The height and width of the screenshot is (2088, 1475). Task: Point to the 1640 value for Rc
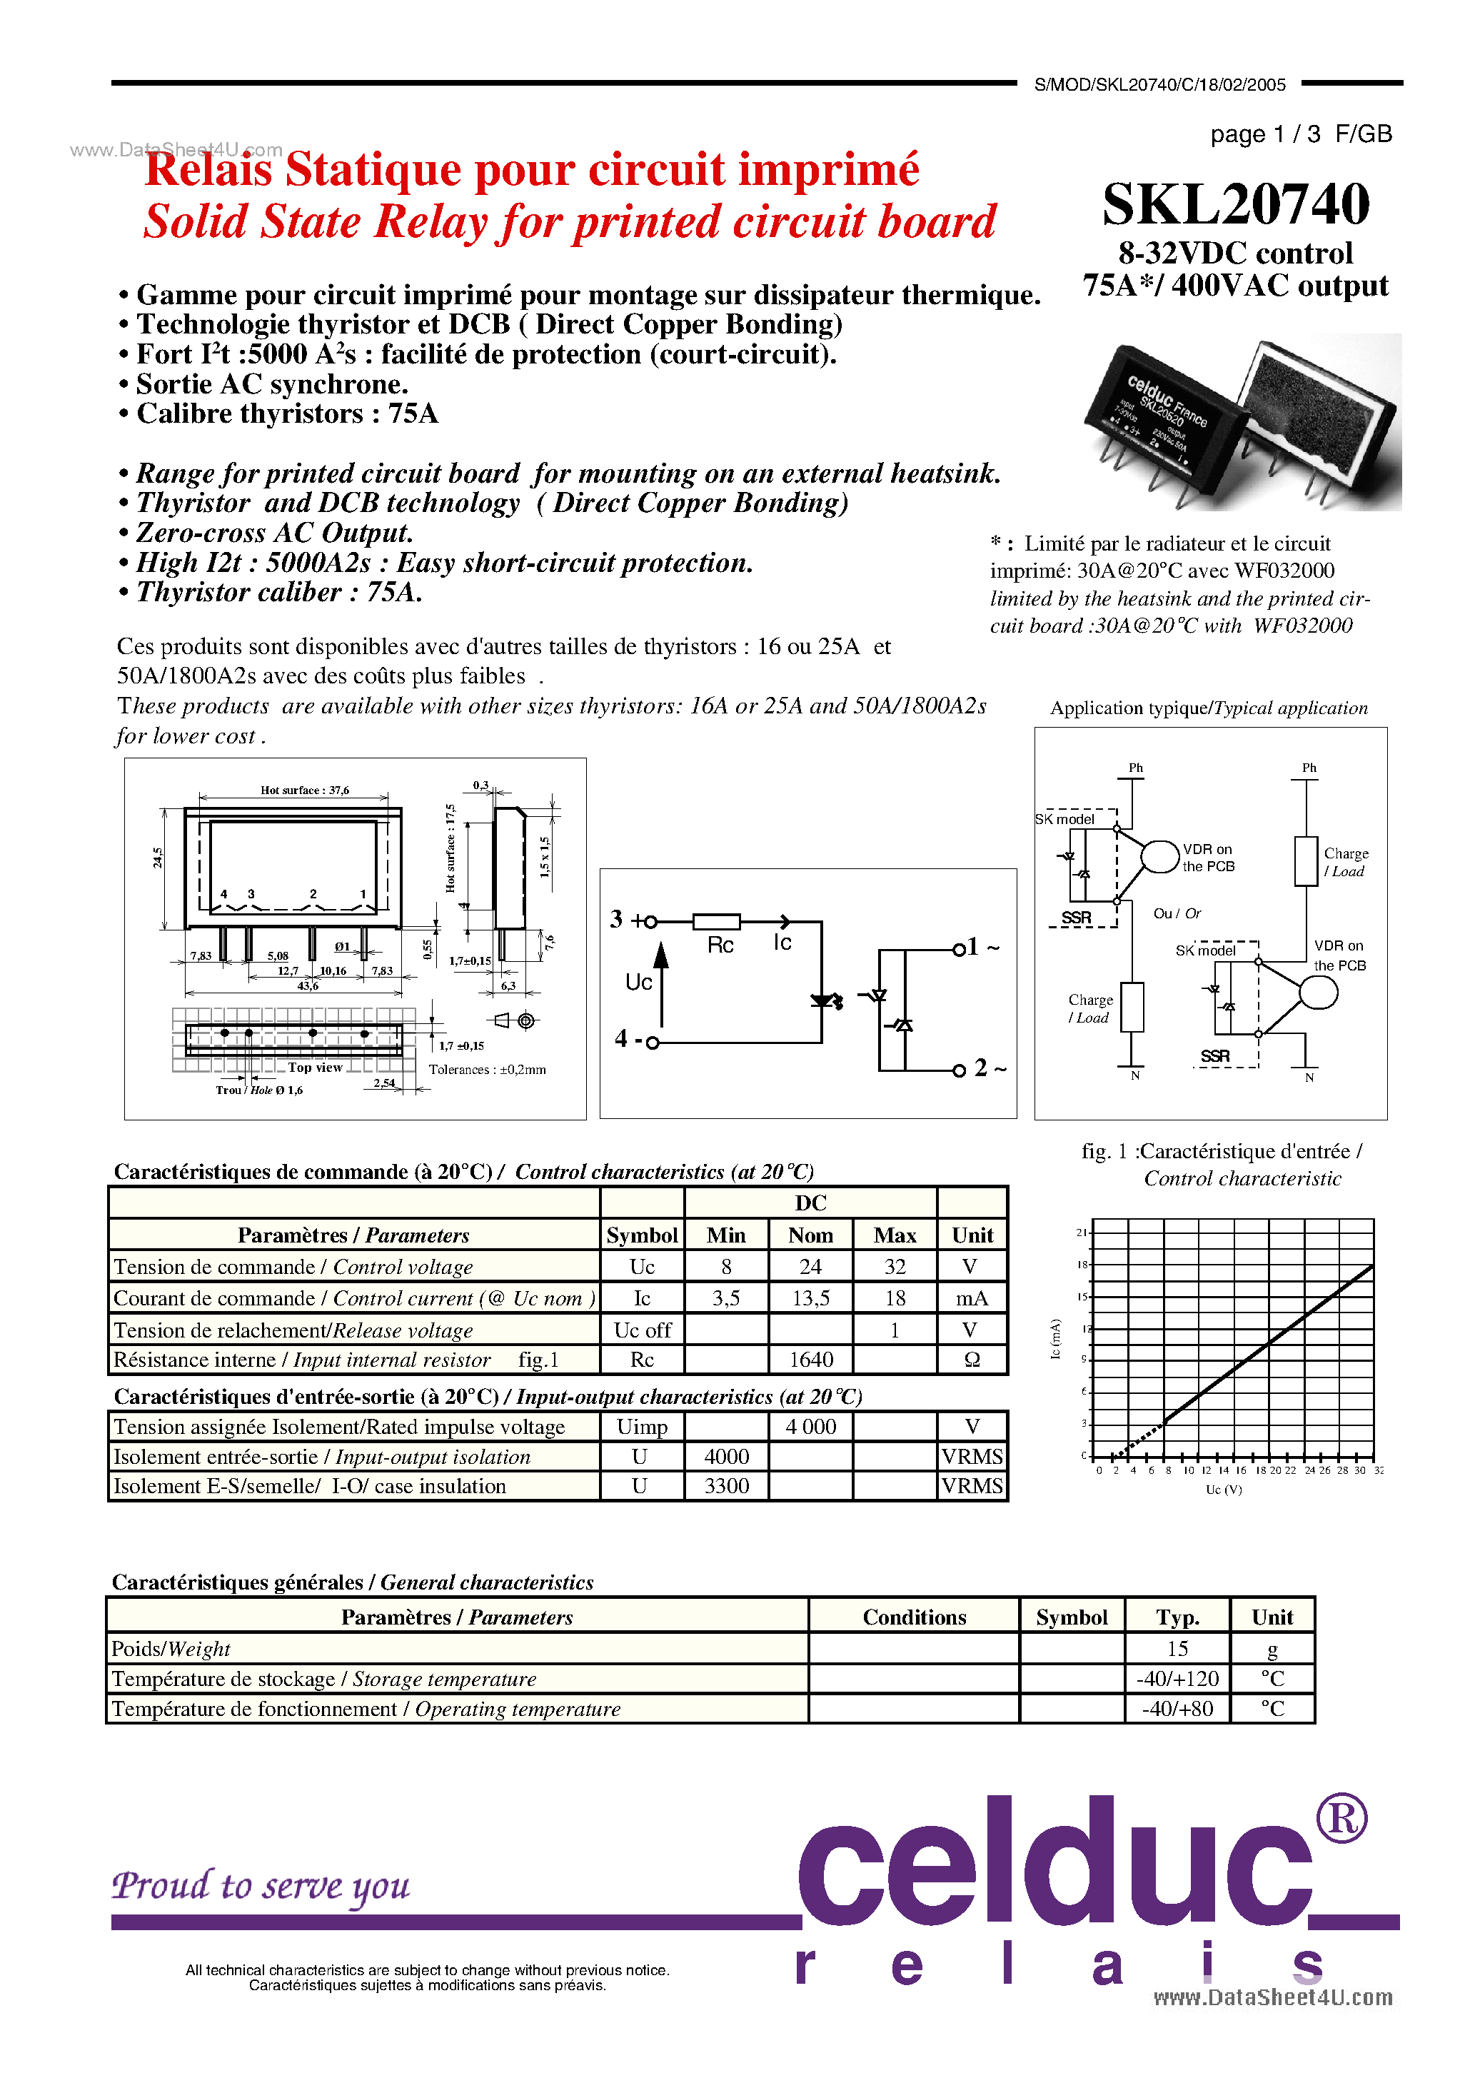pyautogui.click(x=810, y=1360)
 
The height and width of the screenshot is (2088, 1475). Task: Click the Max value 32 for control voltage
pyautogui.click(x=895, y=1267)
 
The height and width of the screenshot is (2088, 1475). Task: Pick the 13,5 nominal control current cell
pyautogui.click(x=810, y=1299)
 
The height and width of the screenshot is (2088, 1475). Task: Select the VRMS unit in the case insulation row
pyautogui.click(x=971, y=1486)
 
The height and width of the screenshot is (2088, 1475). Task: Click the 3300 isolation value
pyautogui.click(x=727, y=1486)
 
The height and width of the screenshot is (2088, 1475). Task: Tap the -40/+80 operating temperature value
pyautogui.click(x=1177, y=1709)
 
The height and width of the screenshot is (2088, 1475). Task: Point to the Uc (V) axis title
pyautogui.click(x=1223, y=1490)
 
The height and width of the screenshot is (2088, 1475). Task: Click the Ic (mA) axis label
pyautogui.click(x=1056, y=1339)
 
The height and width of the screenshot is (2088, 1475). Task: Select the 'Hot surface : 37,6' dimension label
pyautogui.click(x=305, y=790)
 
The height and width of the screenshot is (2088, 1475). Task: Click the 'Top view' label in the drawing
pyautogui.click(x=315, y=1068)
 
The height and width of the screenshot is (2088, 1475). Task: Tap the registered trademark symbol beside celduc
pyautogui.click(x=1341, y=1820)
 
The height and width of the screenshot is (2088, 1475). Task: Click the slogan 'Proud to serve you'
pyautogui.click(x=261, y=1886)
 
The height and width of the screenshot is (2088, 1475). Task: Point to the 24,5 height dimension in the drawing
pyautogui.click(x=157, y=858)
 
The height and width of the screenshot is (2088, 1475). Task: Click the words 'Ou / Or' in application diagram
pyautogui.click(x=1177, y=913)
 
